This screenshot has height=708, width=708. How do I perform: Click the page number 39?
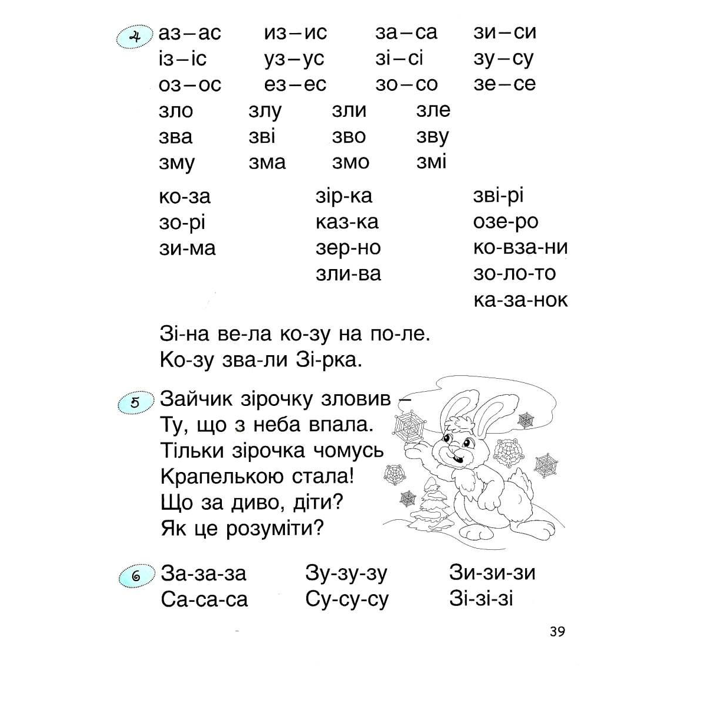click(556, 631)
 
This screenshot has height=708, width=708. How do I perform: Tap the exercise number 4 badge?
click(135, 39)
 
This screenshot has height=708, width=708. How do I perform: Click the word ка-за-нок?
click(520, 300)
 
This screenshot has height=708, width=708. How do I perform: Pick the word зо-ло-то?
click(514, 273)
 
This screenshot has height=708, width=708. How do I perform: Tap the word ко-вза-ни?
click(520, 247)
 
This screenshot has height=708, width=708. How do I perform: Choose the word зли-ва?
click(349, 274)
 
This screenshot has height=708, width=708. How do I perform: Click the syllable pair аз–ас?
click(189, 33)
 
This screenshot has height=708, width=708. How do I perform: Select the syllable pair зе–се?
click(504, 84)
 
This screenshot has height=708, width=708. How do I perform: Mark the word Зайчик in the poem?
click(196, 399)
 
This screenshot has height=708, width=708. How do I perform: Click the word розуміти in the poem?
click(275, 528)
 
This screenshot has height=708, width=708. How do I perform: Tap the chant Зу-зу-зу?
click(346, 573)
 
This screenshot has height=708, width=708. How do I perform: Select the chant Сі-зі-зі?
click(481, 599)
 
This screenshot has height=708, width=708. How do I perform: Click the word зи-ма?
click(187, 248)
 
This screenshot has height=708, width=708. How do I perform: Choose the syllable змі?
click(431, 162)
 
